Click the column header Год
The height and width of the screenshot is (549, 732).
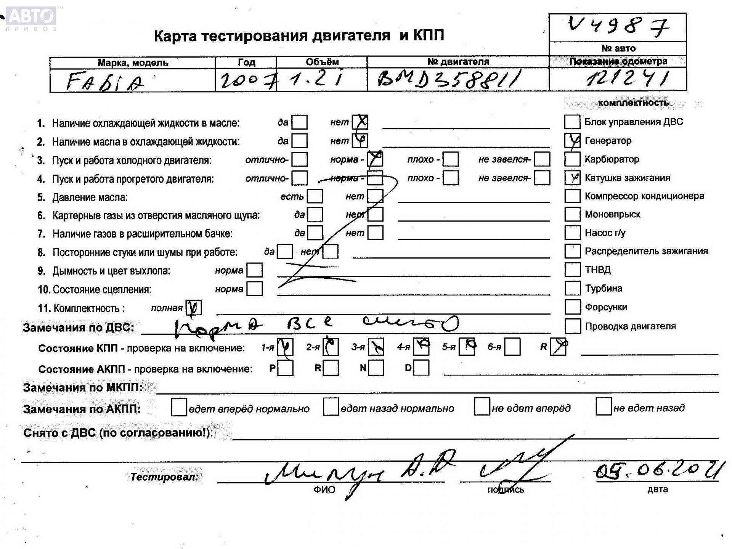pyautogui.click(x=246, y=62)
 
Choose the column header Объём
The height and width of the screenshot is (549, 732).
pyautogui.click(x=322, y=62)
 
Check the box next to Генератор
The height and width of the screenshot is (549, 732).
pyautogui.click(x=572, y=141)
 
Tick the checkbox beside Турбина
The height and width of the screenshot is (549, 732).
pyautogui.click(x=572, y=288)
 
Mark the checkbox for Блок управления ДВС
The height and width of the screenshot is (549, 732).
pyautogui.click(x=572, y=122)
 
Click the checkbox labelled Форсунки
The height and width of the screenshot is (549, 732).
pyautogui.click(x=572, y=307)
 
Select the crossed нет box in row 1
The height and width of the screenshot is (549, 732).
pyautogui.click(x=360, y=122)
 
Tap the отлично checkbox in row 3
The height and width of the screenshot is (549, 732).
pyautogui.click(x=300, y=159)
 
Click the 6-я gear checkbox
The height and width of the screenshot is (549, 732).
pyautogui.click(x=512, y=347)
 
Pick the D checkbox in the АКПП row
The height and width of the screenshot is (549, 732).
pyautogui.click(x=421, y=368)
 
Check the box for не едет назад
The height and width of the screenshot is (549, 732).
pyautogui.click(x=603, y=407)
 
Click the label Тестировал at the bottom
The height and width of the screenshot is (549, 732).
pyautogui.click(x=164, y=477)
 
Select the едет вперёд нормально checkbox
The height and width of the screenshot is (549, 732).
pyautogui.click(x=179, y=407)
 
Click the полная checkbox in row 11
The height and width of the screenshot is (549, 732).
pyautogui.click(x=194, y=308)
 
